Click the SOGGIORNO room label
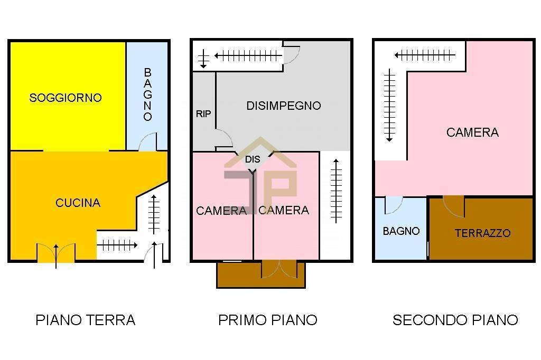click(x=66, y=98)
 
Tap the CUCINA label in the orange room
click(x=78, y=203)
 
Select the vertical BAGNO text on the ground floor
click(x=148, y=94)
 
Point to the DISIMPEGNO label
click(x=284, y=106)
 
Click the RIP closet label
click(x=203, y=113)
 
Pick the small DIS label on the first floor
click(x=253, y=159)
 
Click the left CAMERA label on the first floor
click(x=221, y=211)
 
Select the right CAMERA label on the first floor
click(x=284, y=210)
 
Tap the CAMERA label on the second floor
click(x=472, y=132)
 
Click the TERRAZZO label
click(x=482, y=233)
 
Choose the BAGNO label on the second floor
click(x=401, y=231)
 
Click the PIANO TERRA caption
click(x=86, y=320)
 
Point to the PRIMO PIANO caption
click(x=268, y=320)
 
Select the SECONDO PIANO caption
click(x=455, y=320)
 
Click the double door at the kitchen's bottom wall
click(x=56, y=253)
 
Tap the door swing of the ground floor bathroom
click(x=148, y=142)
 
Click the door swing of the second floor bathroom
click(x=393, y=205)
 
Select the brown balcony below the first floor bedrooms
click(x=260, y=274)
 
